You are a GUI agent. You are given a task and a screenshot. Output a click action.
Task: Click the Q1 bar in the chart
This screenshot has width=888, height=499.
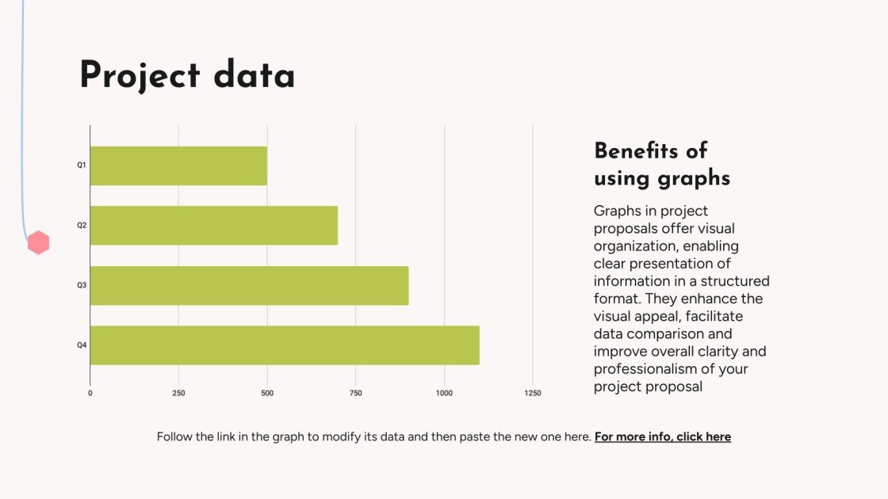coord(178,166)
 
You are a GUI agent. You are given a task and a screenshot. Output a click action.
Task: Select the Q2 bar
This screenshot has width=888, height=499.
coord(214,226)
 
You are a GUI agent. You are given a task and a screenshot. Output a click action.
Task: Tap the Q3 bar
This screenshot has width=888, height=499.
coord(249,286)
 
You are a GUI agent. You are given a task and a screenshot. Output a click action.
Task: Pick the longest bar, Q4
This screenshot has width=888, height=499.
coord(285,345)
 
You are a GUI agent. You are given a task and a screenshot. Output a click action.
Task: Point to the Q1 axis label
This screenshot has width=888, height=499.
coord(81,166)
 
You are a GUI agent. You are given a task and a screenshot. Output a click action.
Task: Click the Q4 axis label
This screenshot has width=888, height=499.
coord(81,345)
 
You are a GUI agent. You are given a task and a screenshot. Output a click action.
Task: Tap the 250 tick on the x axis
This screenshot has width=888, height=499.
coord(178,394)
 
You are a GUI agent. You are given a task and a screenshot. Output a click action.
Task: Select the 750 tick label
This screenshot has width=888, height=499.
coord(355,394)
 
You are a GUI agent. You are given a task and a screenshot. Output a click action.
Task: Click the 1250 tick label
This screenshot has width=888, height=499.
coord(532,394)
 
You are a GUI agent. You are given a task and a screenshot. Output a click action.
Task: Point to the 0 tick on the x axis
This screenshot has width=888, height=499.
coord(90,394)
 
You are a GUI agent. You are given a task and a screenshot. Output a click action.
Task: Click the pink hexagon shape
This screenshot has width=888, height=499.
coord(38,243)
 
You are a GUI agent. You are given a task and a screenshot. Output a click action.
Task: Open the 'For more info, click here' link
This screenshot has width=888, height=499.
coord(662,436)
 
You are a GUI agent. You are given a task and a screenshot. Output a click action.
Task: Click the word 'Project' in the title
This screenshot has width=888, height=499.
coord(140,76)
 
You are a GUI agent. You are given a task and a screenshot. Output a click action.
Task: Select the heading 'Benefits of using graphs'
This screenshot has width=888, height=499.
coord(661,164)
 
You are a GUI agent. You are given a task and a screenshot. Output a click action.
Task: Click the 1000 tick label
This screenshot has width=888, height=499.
coord(444,394)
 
